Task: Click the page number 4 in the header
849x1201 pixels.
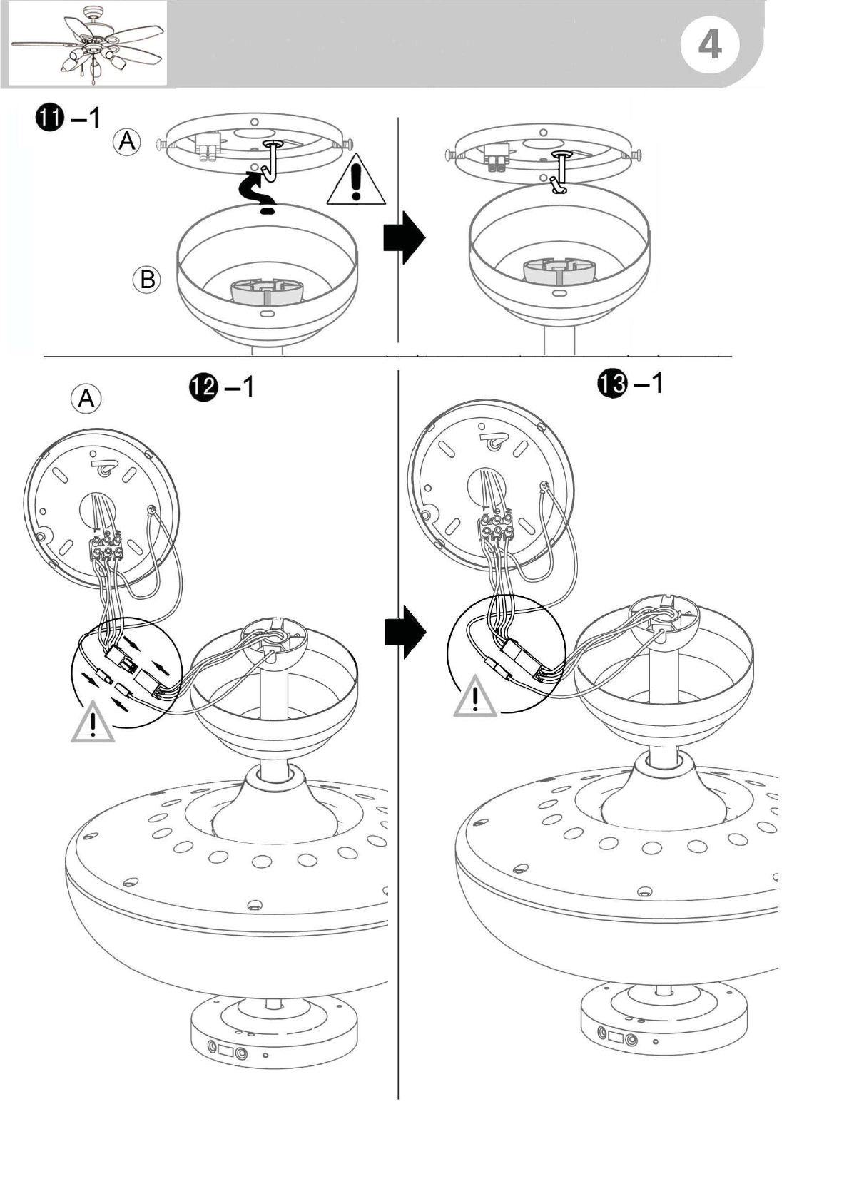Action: (x=710, y=46)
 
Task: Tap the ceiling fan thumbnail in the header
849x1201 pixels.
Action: (x=88, y=44)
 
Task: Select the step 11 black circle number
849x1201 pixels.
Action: (x=51, y=118)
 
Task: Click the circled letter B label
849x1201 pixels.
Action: (x=147, y=280)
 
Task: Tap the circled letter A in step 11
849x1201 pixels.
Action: (x=126, y=141)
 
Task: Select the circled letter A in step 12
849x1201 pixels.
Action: (x=86, y=399)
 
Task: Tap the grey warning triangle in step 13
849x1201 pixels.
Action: (x=474, y=697)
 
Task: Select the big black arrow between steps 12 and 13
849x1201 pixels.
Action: (x=405, y=633)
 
